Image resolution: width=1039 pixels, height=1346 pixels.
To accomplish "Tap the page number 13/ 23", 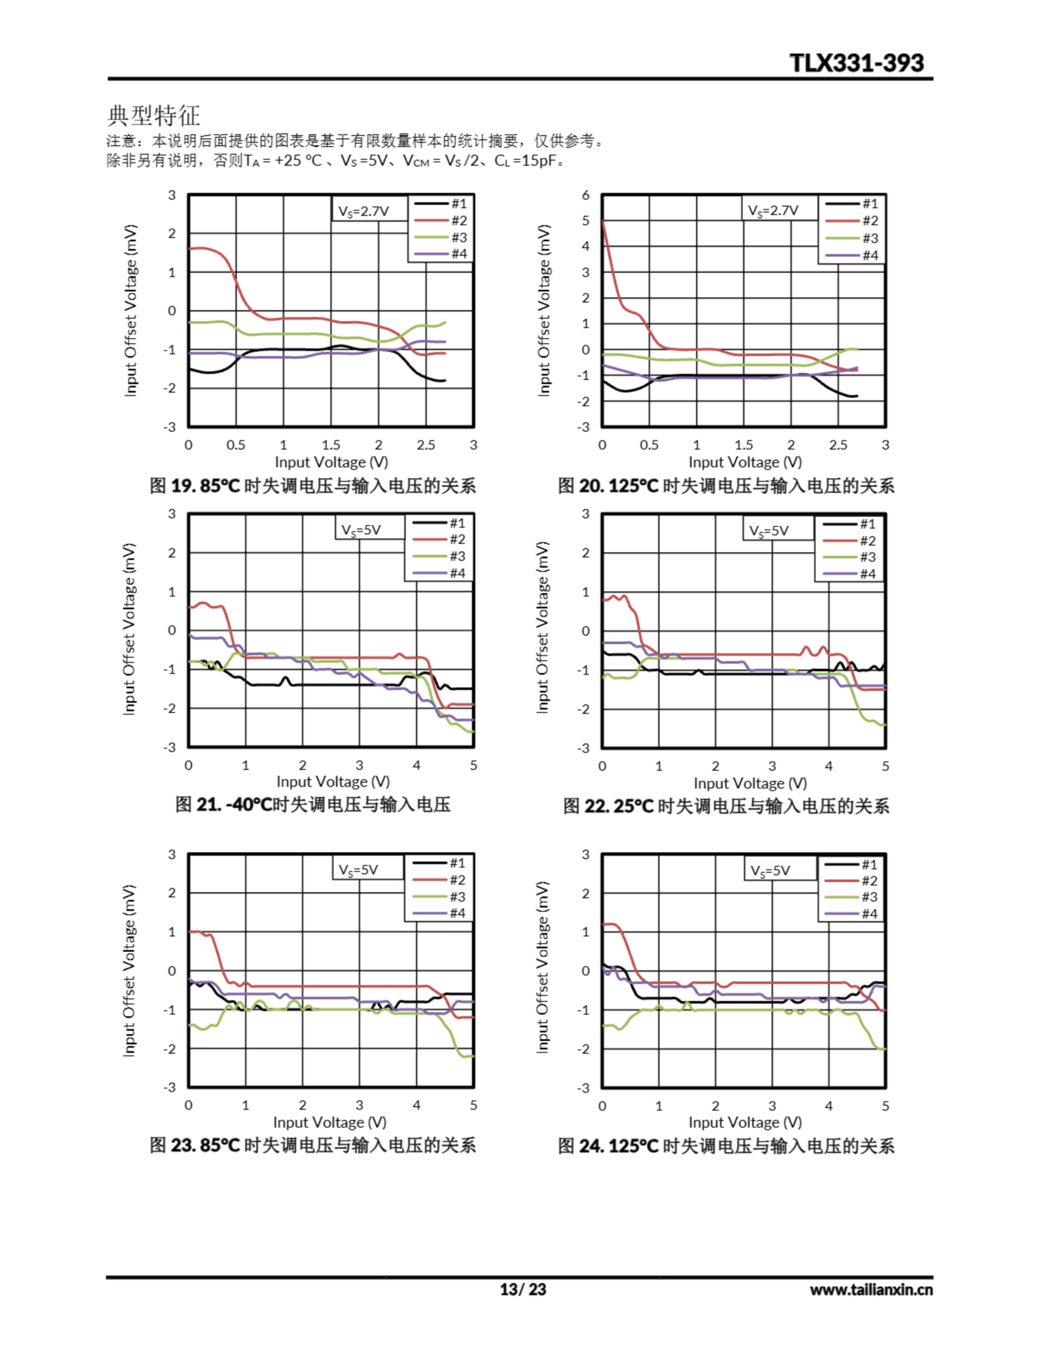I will point(522,1289).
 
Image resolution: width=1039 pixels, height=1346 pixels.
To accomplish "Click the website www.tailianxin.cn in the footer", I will point(871,1289).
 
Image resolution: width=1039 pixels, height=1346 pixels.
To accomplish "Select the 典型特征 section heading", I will point(153,115).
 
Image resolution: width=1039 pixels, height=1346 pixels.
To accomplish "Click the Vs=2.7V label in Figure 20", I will point(773,211).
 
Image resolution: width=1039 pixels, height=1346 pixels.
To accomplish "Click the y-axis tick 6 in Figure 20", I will point(586,196).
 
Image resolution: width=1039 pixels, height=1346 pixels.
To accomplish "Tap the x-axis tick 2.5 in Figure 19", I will point(425,445).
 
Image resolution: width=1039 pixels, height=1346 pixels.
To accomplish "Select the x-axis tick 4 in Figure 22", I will point(828,766).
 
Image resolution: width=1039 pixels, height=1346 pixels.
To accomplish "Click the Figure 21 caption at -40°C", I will point(313,804).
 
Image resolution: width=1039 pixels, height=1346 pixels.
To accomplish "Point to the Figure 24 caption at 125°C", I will point(726,1146).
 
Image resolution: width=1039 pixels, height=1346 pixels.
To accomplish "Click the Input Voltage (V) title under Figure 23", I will point(329,1123).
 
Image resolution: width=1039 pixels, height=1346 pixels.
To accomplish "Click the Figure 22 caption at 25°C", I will point(726,806).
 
